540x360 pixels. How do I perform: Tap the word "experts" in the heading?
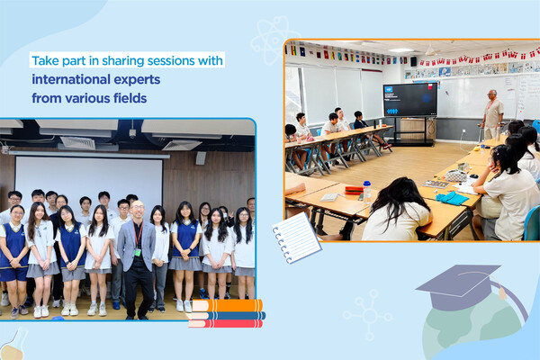(137, 80)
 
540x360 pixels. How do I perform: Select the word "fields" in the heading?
(133, 98)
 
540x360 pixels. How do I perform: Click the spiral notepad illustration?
(296, 238)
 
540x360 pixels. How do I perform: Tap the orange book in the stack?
(228, 305)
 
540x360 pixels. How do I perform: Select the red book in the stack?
(226, 323)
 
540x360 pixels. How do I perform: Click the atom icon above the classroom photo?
(274, 40)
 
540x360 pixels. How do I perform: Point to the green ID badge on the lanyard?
(138, 253)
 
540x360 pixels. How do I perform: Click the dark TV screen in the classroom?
(410, 100)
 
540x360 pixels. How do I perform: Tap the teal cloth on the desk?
(452, 198)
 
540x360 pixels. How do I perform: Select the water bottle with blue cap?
(367, 192)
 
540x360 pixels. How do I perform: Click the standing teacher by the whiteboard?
(493, 115)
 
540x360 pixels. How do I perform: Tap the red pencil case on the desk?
(354, 190)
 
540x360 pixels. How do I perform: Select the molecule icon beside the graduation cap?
(367, 315)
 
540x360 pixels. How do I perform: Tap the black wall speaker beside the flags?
(414, 62)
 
